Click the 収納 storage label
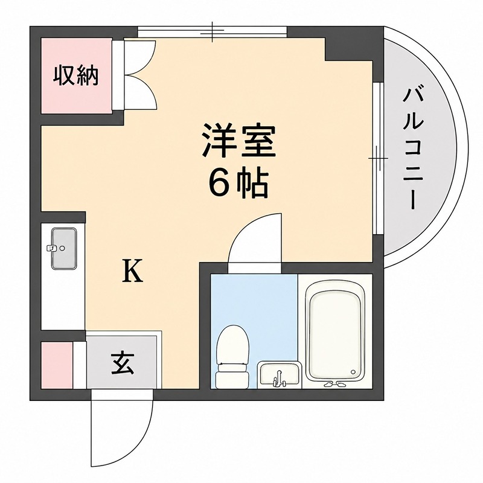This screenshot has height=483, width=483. point(76,75)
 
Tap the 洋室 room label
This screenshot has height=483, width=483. point(238,141)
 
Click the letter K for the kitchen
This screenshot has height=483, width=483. point(133,270)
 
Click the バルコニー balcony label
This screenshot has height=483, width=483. point(413,149)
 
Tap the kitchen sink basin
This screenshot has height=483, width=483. point(64,249)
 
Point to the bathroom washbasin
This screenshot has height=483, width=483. point(279,374)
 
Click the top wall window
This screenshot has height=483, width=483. point(213,32)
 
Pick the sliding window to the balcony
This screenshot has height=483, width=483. point(378,158)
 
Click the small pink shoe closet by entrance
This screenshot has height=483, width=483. point(57,365)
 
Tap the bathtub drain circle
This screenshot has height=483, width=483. point(353,372)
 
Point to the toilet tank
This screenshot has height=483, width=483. point(232,380)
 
